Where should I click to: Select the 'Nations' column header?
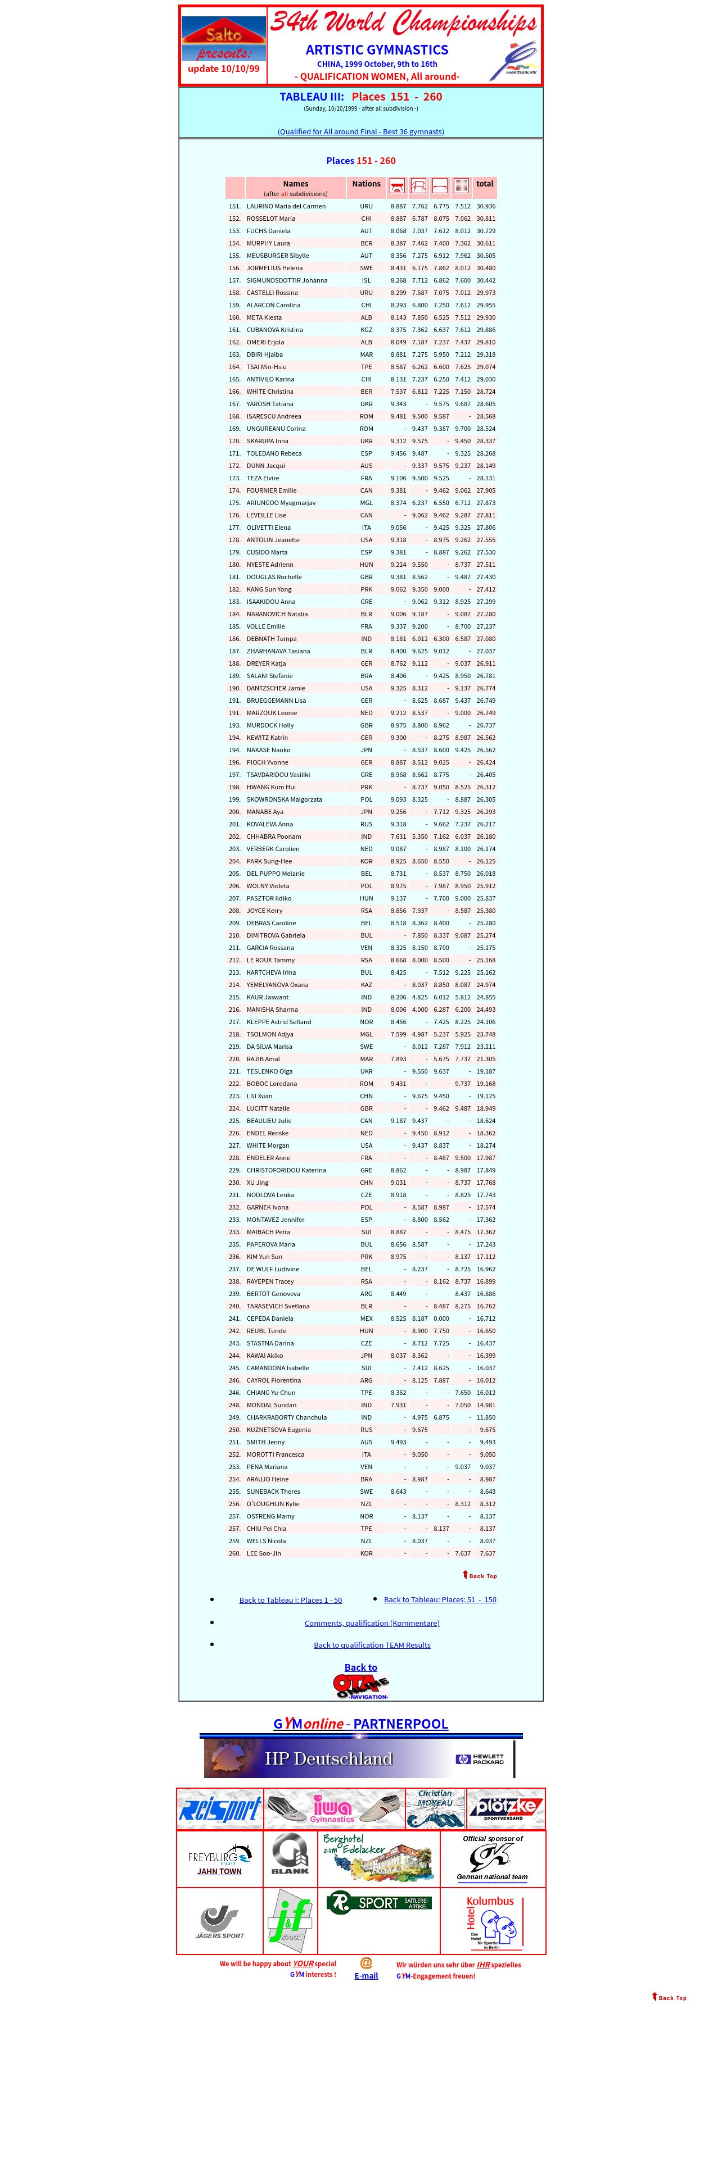click(367, 184)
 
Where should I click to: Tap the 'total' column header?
click(485, 184)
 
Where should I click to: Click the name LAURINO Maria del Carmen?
click(286, 206)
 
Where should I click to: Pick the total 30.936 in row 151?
click(486, 206)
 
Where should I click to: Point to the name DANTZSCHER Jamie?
click(276, 688)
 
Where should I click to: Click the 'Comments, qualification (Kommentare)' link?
click(372, 1623)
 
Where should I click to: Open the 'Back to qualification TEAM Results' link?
click(372, 1645)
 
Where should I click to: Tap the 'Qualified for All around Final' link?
click(360, 132)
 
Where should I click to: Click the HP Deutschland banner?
click(359, 1758)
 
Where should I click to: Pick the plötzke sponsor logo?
click(506, 1808)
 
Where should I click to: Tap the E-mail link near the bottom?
click(365, 1976)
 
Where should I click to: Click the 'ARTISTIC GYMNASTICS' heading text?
click(377, 49)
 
